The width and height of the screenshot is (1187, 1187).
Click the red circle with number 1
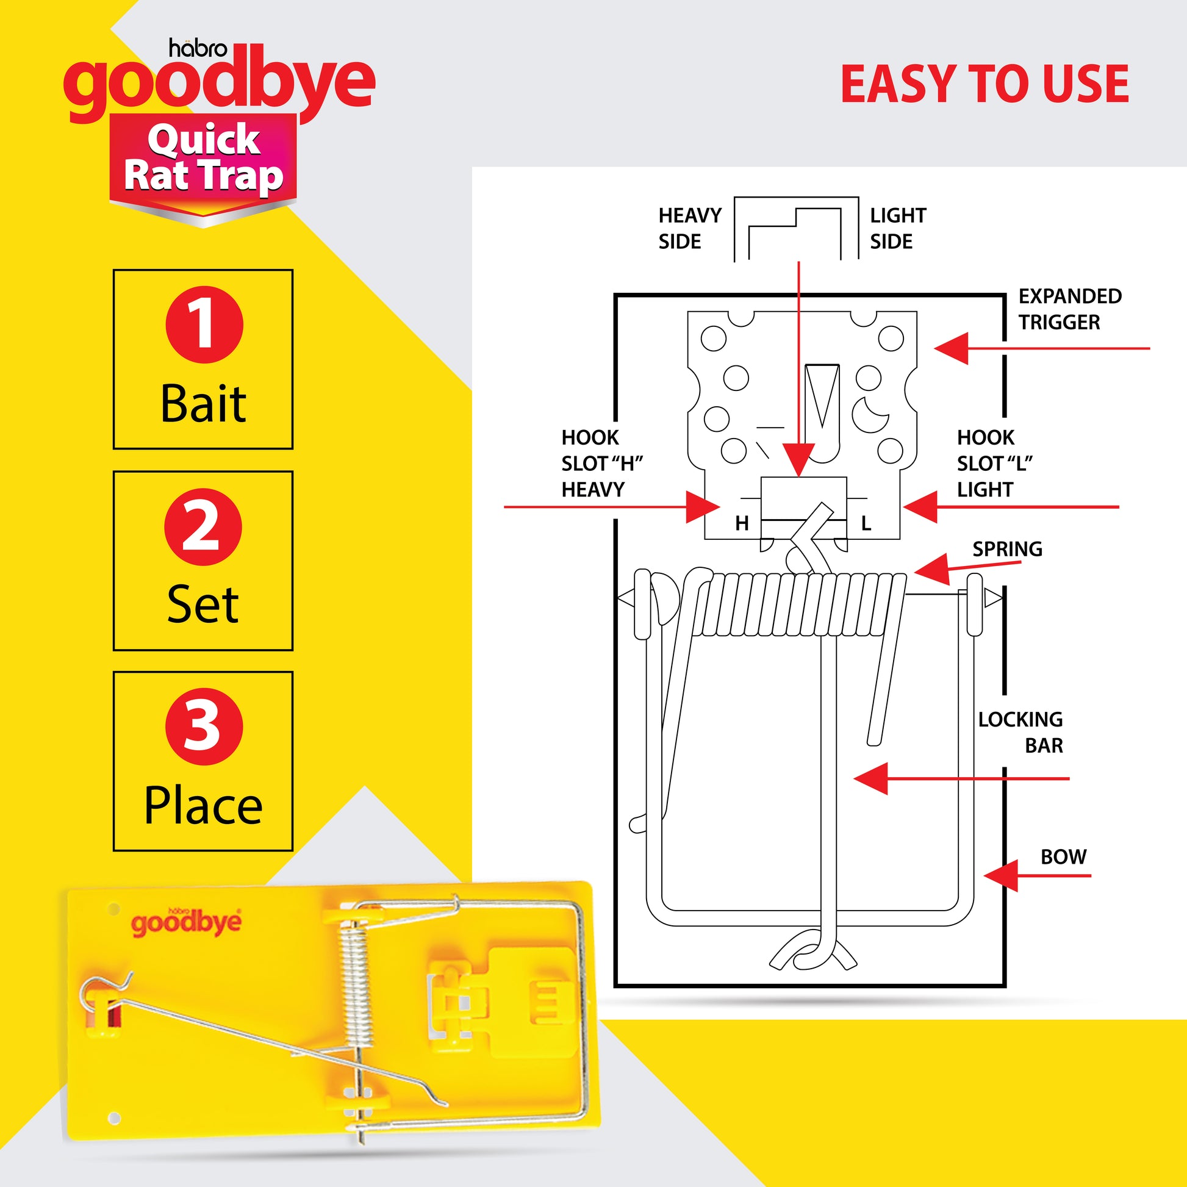tap(204, 325)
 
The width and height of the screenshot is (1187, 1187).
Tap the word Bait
tap(203, 404)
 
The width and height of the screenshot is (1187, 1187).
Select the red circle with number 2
tap(203, 526)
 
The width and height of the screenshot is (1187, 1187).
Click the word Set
tap(203, 604)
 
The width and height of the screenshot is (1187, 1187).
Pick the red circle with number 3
tap(204, 726)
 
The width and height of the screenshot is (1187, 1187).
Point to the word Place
tap(203, 805)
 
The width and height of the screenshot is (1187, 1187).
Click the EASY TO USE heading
tap(984, 84)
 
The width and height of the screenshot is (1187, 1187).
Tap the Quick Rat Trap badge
tap(203, 159)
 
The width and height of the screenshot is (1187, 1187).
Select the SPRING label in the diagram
tap(1007, 548)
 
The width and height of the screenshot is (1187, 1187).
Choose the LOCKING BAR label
tap(1020, 733)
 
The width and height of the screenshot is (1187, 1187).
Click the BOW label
tap(1064, 857)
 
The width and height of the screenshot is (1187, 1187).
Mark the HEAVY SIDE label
tap(689, 229)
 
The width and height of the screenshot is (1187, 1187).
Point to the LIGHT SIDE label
tap(898, 229)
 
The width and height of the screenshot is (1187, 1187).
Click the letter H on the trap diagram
tap(742, 523)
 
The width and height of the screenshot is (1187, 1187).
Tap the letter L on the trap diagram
tap(866, 523)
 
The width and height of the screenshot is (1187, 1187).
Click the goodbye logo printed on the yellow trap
tap(186, 922)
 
